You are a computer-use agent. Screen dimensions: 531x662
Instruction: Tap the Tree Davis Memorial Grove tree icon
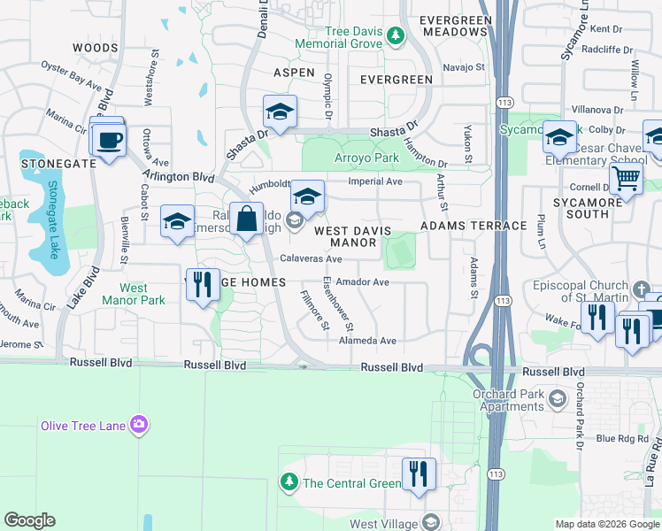[x=396, y=37]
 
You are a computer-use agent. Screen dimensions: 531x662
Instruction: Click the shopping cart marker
[x=626, y=180]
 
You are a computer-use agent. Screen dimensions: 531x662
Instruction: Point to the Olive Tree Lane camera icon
[x=138, y=426]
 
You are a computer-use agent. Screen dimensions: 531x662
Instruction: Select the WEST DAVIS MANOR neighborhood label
[x=353, y=236]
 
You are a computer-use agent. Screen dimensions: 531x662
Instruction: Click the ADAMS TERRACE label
[x=473, y=226]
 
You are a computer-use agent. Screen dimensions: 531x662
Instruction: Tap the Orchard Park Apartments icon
[x=558, y=397]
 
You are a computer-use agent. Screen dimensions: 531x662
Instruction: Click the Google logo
[x=29, y=520]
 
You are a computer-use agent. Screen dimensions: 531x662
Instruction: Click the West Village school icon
[x=430, y=524]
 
